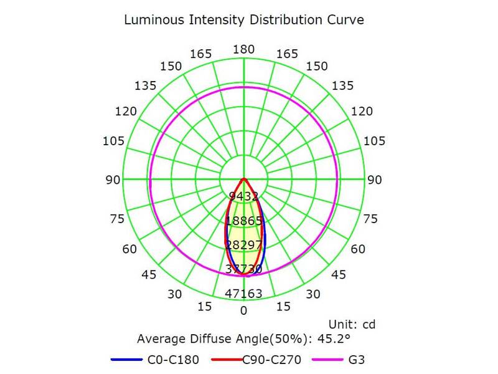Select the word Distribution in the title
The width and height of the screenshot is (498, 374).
[x=280, y=20]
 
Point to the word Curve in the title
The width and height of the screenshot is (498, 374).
[x=342, y=20]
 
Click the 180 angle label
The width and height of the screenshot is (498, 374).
[x=243, y=50]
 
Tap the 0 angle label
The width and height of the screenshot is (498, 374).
[x=244, y=310]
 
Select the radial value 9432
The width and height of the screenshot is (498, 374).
[x=244, y=197]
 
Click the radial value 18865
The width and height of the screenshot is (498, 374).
[x=244, y=221]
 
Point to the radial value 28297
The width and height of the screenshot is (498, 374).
[x=244, y=244]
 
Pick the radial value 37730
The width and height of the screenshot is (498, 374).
[x=244, y=269]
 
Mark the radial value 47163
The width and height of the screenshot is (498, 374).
[x=244, y=293]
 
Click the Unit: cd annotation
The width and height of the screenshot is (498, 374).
[x=351, y=324]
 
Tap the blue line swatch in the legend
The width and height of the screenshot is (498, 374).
[x=126, y=360]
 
